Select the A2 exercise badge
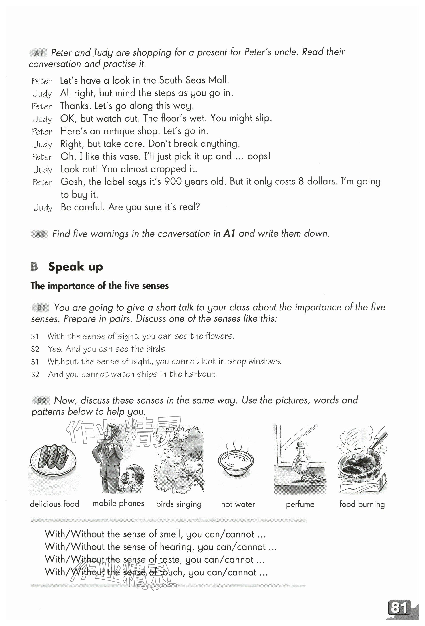tap(40, 234)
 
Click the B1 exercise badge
tap(41, 308)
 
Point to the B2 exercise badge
tap(42, 400)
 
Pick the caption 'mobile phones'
tap(118, 503)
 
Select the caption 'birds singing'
tap(179, 504)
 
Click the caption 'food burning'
tap(362, 504)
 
